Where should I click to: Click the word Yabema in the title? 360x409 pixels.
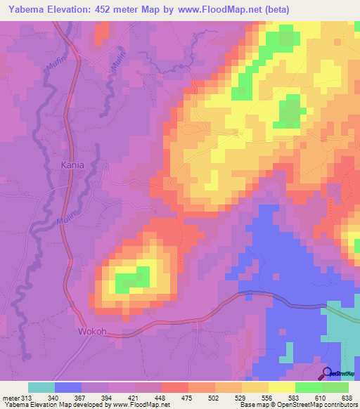[x=27, y=9]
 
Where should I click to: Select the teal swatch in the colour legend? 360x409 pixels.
[x=41, y=387]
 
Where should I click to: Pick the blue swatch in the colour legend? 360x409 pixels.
[x=67, y=387]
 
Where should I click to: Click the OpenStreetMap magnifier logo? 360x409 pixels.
[x=326, y=373]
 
